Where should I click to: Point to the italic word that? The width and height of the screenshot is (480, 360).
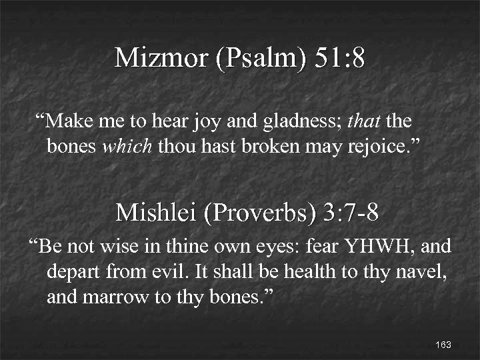[x=363, y=123]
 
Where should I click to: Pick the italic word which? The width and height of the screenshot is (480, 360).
[x=127, y=146]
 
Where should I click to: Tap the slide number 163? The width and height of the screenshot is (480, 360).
[x=443, y=345]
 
